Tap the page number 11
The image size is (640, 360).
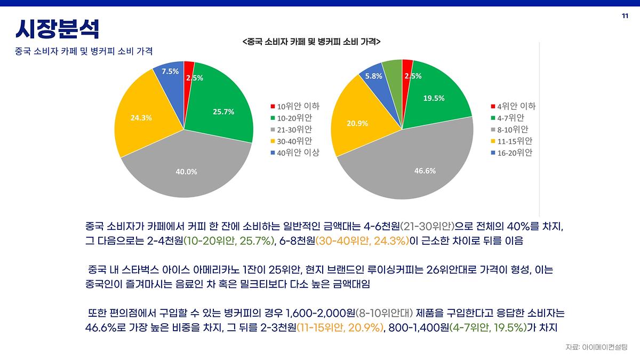[x=625, y=16]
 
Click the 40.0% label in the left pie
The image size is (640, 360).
[x=187, y=172]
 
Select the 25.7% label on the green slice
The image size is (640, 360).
[x=223, y=111]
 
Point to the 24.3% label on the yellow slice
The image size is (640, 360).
[x=141, y=117]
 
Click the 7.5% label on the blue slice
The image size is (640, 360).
[x=170, y=71]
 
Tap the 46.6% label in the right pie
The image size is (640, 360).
[x=425, y=171]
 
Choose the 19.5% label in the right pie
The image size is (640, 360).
[x=434, y=98]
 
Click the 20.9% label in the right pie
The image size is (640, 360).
[x=357, y=123]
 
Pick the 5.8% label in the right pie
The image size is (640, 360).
[x=373, y=76]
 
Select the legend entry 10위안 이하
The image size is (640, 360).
[x=295, y=106]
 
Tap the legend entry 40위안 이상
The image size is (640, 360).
[x=295, y=153]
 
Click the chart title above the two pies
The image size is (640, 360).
[x=311, y=41]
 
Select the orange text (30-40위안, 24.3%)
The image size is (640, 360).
[x=362, y=241]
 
